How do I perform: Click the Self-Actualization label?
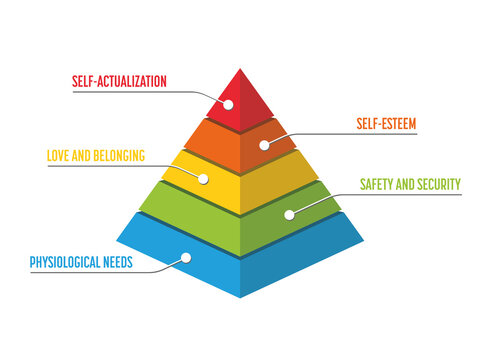118,80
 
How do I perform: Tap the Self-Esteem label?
385,124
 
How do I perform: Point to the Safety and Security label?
409,184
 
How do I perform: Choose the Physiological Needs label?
81,264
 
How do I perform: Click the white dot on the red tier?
227,103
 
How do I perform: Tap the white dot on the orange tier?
264,144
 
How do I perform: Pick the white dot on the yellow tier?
204,178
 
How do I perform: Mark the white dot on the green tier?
289,213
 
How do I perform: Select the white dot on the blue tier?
186,258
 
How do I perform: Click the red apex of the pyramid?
241,95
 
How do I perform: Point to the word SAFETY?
375,184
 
